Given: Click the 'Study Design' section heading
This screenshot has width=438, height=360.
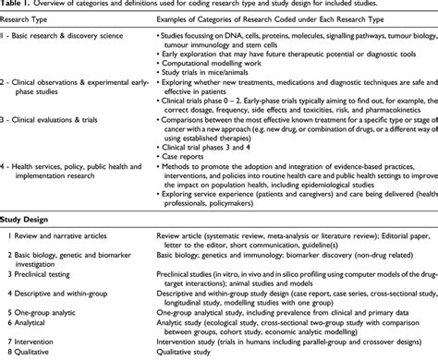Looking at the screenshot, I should (25, 246).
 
